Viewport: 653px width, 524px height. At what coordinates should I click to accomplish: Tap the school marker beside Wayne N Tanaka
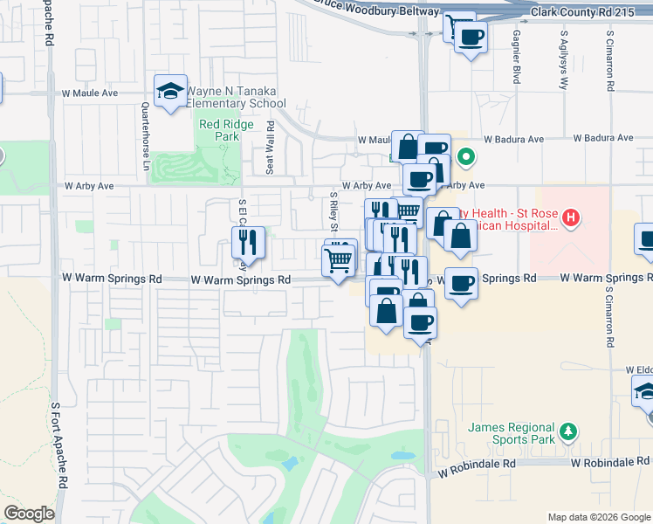pos(170,91)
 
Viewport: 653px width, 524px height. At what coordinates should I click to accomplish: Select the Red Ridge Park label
pos(226,130)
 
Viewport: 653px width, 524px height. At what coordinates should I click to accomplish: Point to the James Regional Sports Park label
pos(512,433)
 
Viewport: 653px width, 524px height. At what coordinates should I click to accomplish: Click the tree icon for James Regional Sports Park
pos(568,431)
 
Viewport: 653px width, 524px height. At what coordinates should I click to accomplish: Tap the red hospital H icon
pos(570,217)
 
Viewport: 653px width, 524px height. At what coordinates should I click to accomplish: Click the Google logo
pos(30,514)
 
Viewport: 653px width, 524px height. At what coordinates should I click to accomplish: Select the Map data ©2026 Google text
pos(598,517)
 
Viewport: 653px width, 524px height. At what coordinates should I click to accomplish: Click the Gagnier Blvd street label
pos(517,61)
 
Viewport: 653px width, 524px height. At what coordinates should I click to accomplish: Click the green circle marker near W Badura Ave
pos(466,158)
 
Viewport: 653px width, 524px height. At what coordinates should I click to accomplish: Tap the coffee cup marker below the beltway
pos(471,38)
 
